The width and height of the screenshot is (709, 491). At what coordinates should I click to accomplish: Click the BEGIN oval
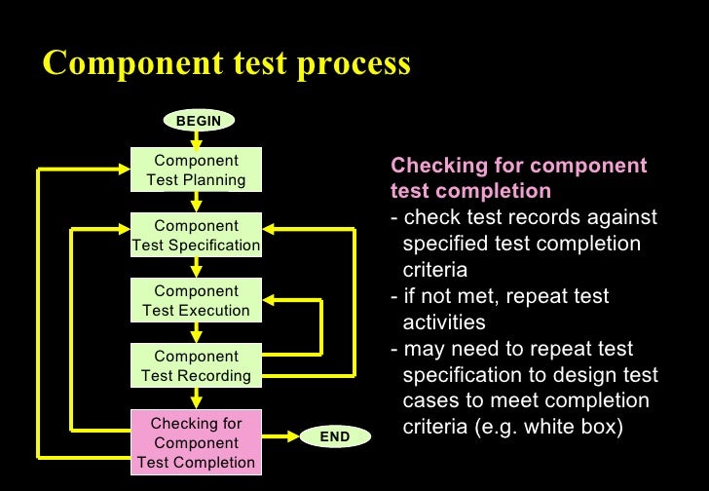(x=198, y=121)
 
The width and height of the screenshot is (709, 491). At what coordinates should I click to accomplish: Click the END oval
(x=334, y=437)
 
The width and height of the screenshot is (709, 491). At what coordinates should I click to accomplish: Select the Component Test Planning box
(x=196, y=170)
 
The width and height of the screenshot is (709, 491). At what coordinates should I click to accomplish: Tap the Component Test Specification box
(x=196, y=236)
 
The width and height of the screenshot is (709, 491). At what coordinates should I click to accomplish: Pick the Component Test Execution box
(x=196, y=301)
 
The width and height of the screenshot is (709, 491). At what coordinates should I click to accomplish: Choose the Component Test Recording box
(x=196, y=365)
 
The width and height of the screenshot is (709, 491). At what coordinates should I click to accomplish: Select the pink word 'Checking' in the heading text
(x=433, y=166)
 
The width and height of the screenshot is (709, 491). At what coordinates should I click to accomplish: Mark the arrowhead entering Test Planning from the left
(x=124, y=170)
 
